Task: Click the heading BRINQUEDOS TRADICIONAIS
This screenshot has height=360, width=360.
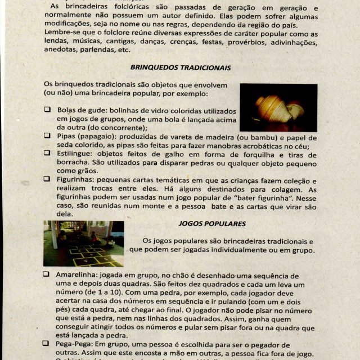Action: point(181,67)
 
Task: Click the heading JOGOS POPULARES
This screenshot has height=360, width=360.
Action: point(204,223)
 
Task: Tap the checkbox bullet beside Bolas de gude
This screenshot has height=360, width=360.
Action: point(48,110)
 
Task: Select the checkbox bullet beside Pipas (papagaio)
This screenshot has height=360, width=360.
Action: point(48,136)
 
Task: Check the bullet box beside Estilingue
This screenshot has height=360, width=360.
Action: point(48,152)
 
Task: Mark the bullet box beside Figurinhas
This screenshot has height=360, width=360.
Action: point(48,179)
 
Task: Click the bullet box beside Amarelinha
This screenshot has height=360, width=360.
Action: point(47,274)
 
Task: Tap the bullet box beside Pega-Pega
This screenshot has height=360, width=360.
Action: point(47,344)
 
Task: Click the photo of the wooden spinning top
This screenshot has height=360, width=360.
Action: point(278,107)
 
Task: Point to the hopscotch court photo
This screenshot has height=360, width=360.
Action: point(83,243)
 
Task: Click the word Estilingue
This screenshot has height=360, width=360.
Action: point(75,152)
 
